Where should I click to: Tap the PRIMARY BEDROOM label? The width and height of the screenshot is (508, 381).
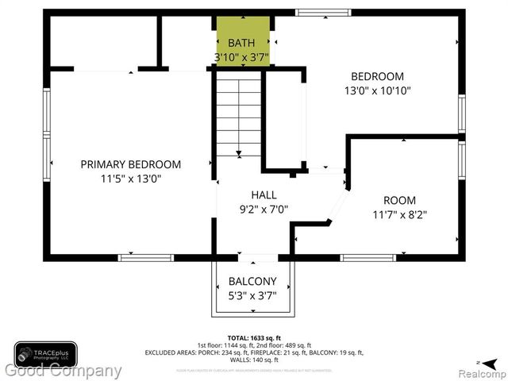point(131,164)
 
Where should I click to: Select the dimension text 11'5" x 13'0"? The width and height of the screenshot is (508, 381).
point(131,179)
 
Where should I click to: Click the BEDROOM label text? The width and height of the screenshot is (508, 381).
point(377,76)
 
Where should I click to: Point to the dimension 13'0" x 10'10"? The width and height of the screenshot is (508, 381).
point(377,90)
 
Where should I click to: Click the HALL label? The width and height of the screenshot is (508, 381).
point(264,195)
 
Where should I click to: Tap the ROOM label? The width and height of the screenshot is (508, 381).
point(399,201)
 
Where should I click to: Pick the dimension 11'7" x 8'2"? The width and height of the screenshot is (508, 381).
point(399,215)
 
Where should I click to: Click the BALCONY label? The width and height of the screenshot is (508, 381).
point(252,281)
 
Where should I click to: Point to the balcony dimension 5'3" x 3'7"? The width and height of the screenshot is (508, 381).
point(252,295)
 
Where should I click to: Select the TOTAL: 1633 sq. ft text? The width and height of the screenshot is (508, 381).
point(253,337)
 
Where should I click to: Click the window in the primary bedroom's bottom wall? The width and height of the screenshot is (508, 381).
point(146,257)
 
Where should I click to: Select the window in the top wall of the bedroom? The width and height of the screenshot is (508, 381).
point(323,12)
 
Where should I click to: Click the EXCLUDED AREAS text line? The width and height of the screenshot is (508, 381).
point(253,352)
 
